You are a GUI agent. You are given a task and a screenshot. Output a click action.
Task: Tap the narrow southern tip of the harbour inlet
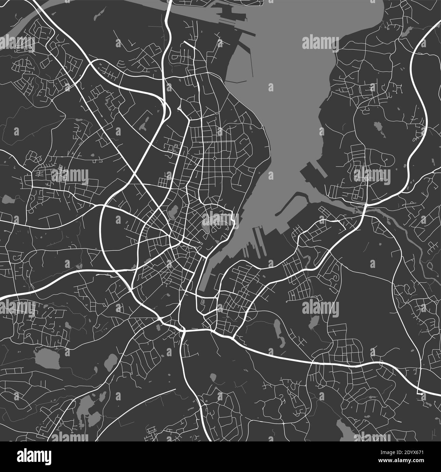click(202, 287)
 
